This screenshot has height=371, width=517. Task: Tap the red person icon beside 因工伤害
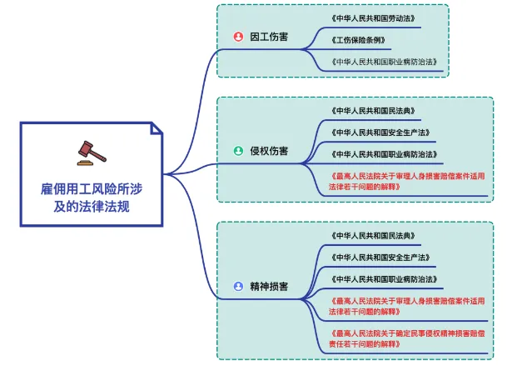[x=237, y=38]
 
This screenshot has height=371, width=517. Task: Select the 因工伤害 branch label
[x=269, y=38]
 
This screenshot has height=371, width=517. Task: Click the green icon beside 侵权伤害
[x=237, y=151]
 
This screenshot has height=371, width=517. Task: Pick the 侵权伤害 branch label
[x=269, y=151]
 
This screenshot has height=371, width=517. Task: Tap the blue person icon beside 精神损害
[x=237, y=286]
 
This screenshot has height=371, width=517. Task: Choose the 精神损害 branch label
[x=269, y=286]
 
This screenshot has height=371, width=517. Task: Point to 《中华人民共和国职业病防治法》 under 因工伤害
[x=385, y=62]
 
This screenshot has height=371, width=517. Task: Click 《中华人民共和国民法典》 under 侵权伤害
[x=373, y=111]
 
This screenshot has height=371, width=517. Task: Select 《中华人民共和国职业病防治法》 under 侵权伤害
[x=385, y=154]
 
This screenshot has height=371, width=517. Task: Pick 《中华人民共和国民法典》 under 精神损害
[x=373, y=235]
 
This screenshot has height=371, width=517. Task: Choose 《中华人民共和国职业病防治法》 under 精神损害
[x=385, y=278]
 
